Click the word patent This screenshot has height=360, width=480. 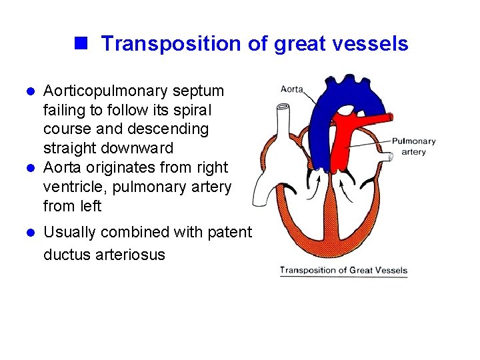point(230,233)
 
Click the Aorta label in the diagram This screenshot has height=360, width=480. point(293,89)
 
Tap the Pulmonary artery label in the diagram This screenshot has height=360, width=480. point(413,146)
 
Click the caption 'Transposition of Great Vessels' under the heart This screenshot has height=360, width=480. point(343,270)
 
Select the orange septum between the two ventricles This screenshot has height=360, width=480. point(331,213)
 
